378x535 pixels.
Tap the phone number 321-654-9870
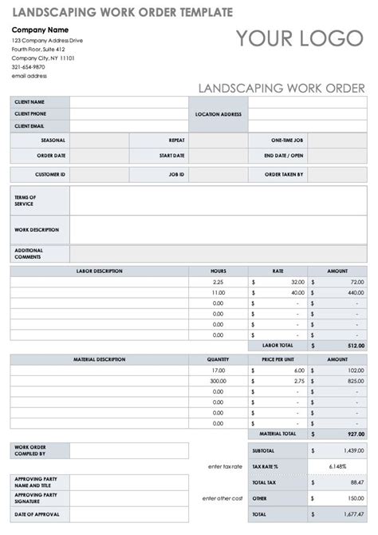point(29,68)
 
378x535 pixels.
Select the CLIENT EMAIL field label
point(30,125)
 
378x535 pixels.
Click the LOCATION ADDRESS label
point(218,114)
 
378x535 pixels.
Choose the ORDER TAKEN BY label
point(283,173)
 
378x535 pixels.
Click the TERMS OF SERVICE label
point(25,200)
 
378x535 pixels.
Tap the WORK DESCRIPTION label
point(37,229)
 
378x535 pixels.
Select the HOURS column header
point(219,271)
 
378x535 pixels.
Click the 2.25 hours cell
point(219,282)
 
